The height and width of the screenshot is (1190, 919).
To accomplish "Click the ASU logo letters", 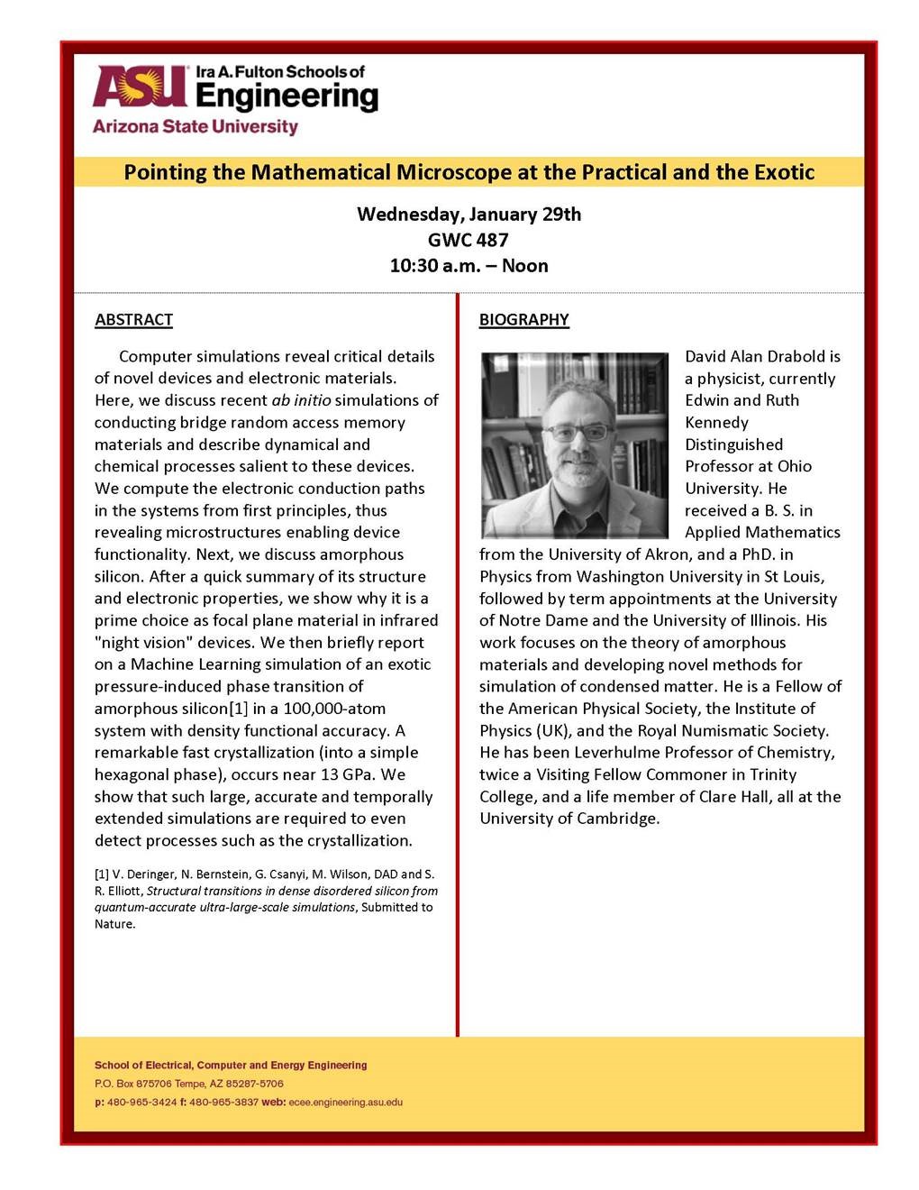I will pyautogui.click(x=139, y=87).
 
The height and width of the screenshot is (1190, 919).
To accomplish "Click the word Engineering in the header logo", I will pyautogui.click(x=287, y=96).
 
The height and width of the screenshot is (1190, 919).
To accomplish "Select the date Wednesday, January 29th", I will pyautogui.click(x=469, y=215).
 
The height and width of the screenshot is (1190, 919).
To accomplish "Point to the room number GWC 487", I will pyautogui.click(x=468, y=240).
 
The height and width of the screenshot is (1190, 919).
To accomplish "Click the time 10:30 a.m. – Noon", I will pyautogui.click(x=469, y=266).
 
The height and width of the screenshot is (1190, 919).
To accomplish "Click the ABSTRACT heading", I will pyautogui.click(x=133, y=320).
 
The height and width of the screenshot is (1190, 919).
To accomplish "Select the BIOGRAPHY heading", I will pyautogui.click(x=523, y=320).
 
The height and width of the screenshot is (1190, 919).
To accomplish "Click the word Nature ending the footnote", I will pyautogui.click(x=114, y=924).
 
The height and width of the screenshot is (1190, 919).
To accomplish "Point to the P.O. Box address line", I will pyautogui.click(x=189, y=1084).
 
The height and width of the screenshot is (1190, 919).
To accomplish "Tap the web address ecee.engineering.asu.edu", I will pyautogui.click(x=346, y=1103).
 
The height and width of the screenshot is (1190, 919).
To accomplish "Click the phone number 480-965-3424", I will pyautogui.click(x=141, y=1103).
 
